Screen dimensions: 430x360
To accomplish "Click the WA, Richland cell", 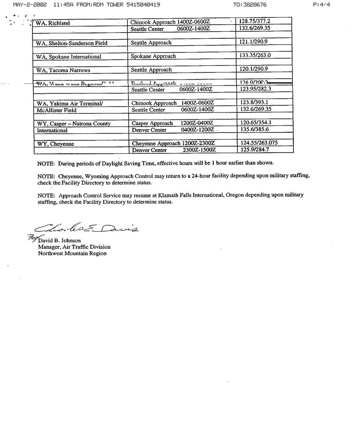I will coord(53,23).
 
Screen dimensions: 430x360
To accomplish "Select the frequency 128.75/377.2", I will coord(255,21).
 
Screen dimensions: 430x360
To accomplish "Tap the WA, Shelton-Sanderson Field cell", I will coord(72,43).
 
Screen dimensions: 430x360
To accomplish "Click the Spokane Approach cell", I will coord(153,56).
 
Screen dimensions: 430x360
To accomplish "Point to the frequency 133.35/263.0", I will coord(255,55).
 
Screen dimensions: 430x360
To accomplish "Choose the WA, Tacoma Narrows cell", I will coord(63,70).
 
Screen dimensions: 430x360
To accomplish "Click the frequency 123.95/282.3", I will coord(255,89).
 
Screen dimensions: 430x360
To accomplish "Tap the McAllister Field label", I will coord(57,110).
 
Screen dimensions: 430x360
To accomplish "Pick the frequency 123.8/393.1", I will coord(254,102).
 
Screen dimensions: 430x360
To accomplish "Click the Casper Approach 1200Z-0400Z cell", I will coord(172,123).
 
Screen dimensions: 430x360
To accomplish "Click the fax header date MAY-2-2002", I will coord(30,5).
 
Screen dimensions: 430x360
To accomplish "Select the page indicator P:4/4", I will coord(321,5).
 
